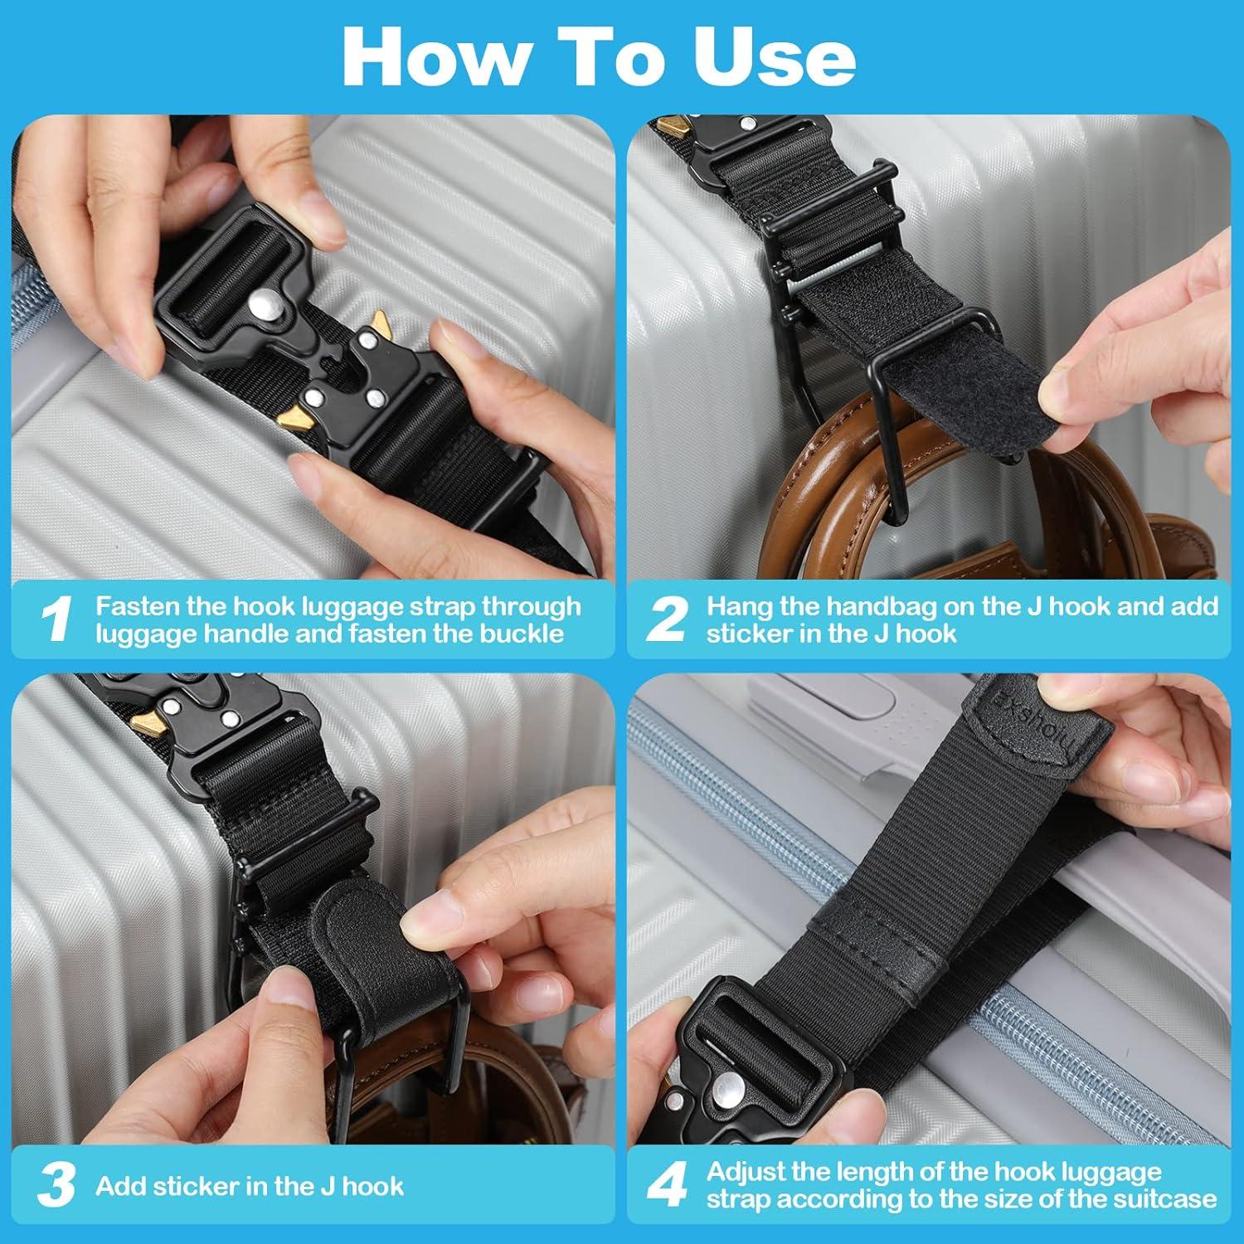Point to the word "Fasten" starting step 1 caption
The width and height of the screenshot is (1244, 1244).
(138, 606)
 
